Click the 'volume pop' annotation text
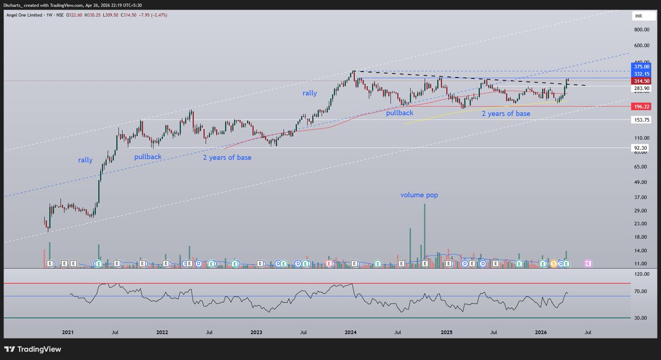[x=420, y=195]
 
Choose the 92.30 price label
[x=642, y=148]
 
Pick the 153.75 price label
[x=642, y=120]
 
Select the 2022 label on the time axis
[x=162, y=332]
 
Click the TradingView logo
[x=33, y=349]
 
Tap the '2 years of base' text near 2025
[x=506, y=113]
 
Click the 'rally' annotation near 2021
[x=85, y=160]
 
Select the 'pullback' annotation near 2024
[x=399, y=112]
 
